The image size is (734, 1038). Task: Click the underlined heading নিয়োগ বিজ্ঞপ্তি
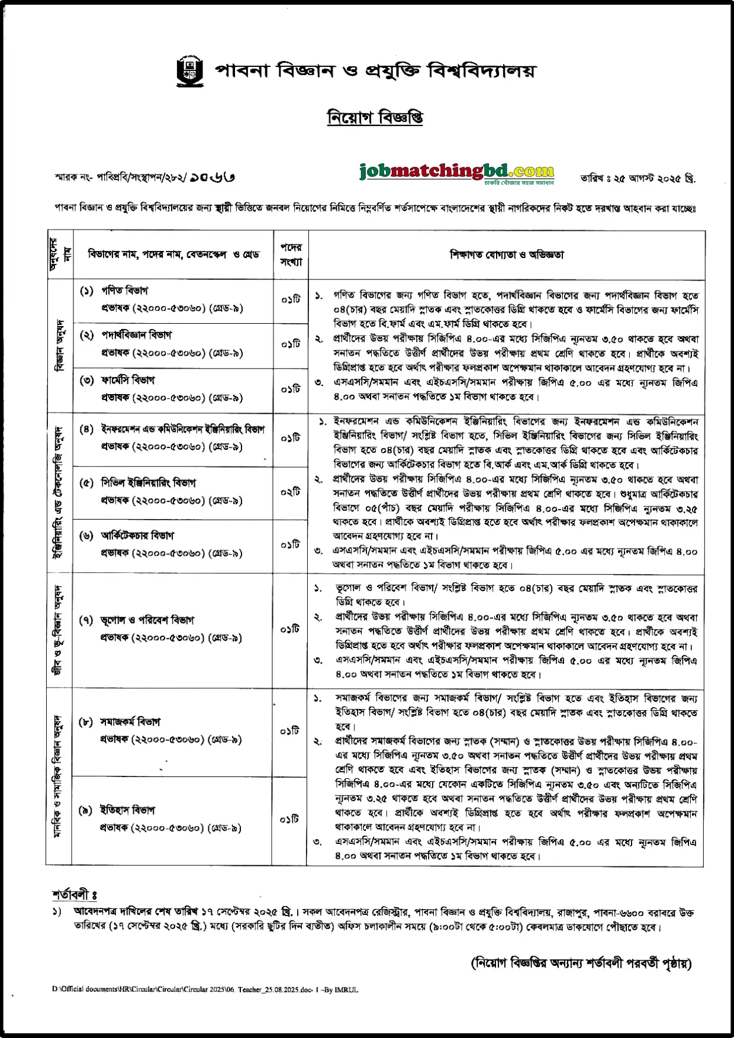pyautogui.click(x=375, y=118)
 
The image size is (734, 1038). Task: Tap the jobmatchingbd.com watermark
pyautogui.click(x=456, y=172)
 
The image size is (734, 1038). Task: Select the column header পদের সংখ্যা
pyautogui.click(x=291, y=254)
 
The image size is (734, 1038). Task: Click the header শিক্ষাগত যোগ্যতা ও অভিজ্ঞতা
pyautogui.click(x=507, y=254)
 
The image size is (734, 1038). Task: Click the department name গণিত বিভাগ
pyautogui.click(x=124, y=291)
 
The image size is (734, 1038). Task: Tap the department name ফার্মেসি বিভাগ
pyautogui.click(x=127, y=380)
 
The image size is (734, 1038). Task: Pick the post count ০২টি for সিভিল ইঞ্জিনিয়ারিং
pyautogui.click(x=291, y=492)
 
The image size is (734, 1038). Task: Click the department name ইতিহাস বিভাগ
pyautogui.click(x=127, y=810)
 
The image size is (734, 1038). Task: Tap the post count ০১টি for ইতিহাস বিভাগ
pyautogui.click(x=290, y=819)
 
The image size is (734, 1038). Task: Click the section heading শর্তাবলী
pyautogui.click(x=74, y=894)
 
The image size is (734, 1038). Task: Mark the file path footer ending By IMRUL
pyautogui.click(x=205, y=989)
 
